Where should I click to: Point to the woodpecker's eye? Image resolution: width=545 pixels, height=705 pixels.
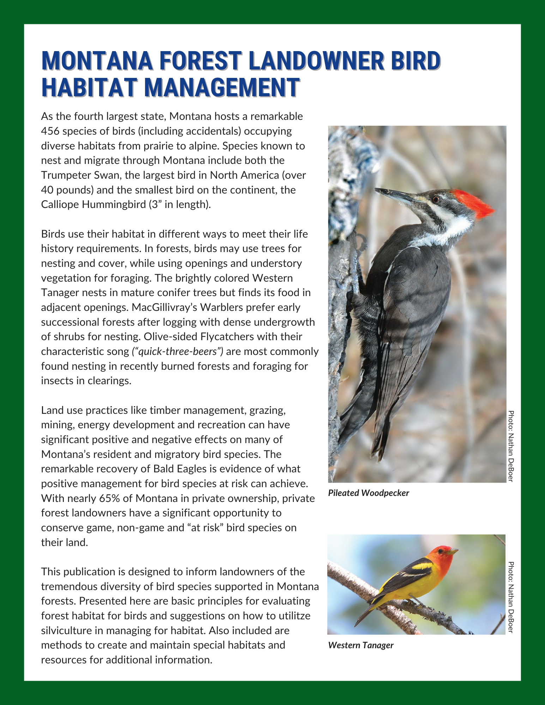point(436,199)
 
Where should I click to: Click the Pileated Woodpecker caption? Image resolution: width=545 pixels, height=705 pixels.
point(368,493)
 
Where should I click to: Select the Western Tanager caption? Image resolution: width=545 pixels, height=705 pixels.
point(361,645)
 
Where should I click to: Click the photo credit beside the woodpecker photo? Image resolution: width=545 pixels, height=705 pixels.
point(510,446)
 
